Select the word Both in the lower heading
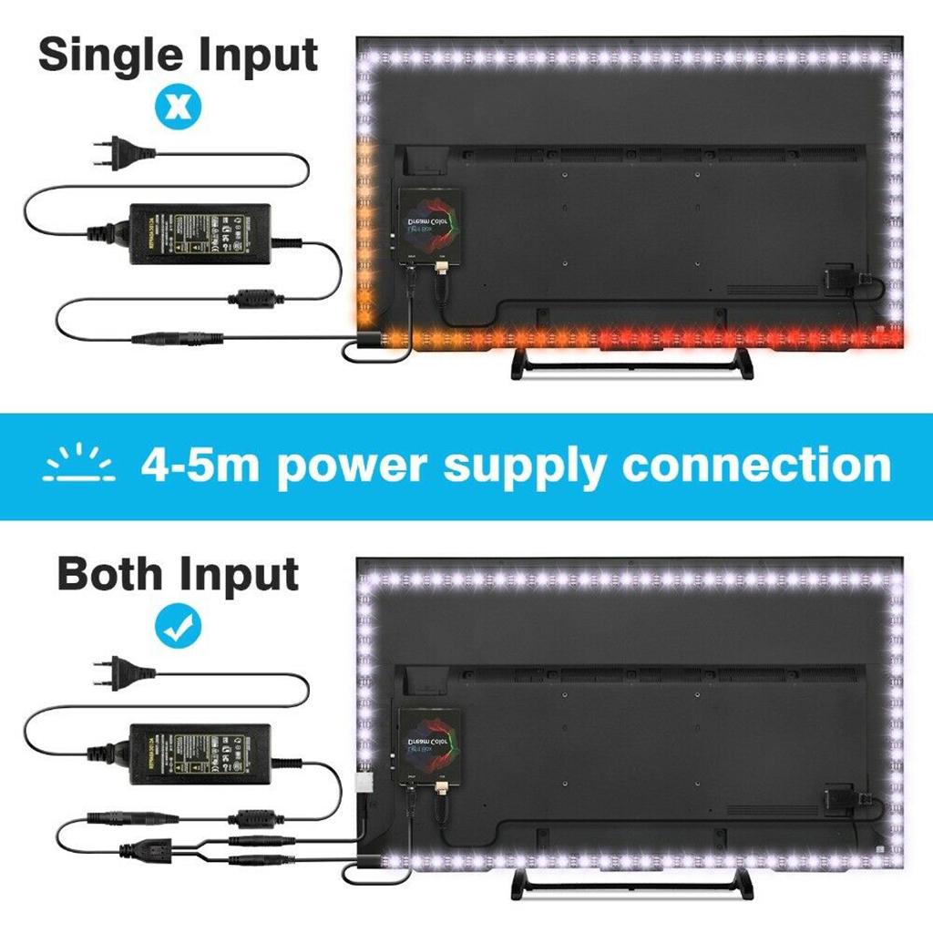(110, 574)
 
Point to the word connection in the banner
(756, 465)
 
